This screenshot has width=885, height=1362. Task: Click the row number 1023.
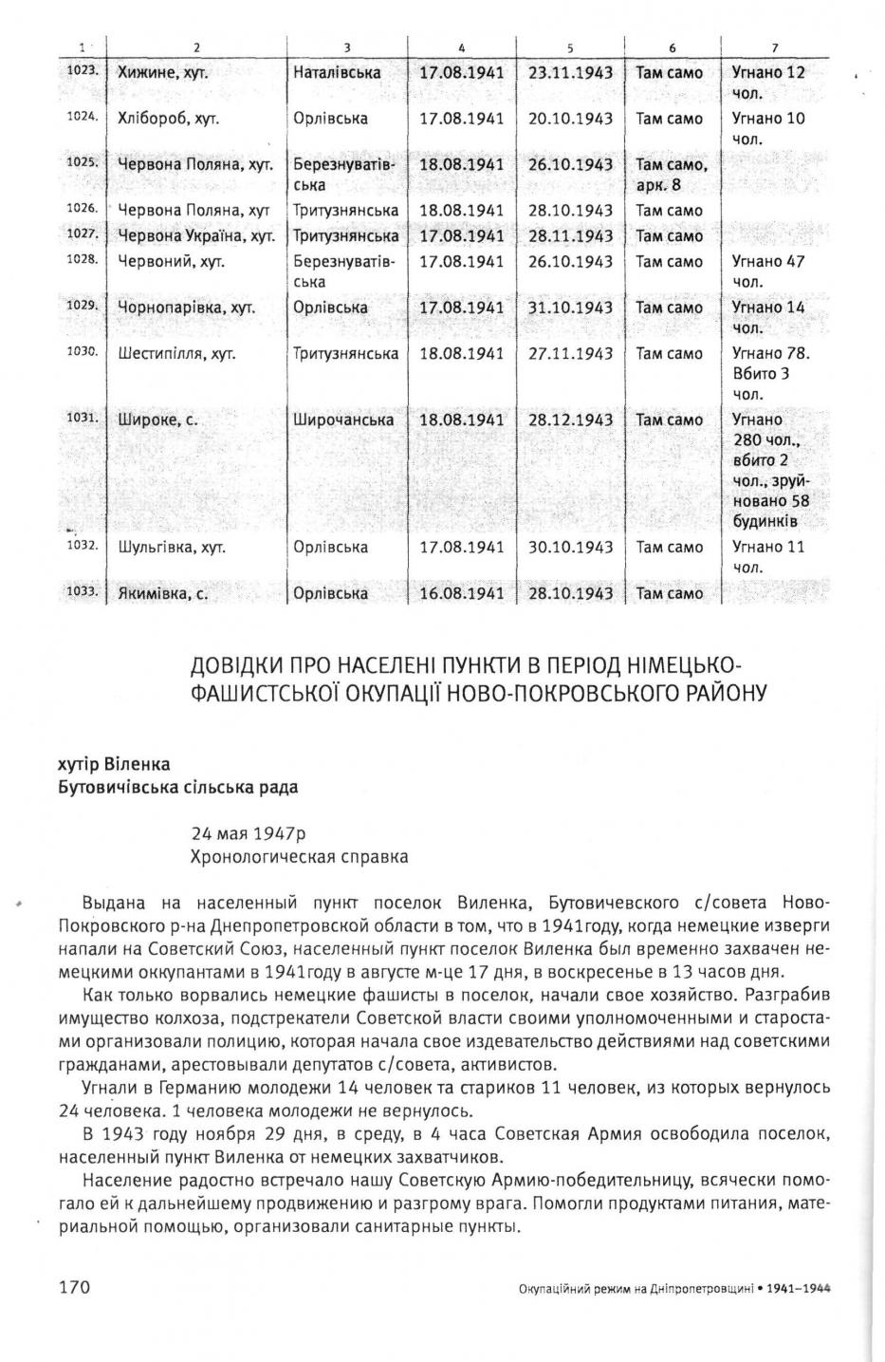click(83, 71)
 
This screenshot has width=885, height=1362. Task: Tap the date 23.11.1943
click(570, 73)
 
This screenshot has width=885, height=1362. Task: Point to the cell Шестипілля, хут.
click(176, 354)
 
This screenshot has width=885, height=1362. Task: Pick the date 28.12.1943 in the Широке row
click(570, 420)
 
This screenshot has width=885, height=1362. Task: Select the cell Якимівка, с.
click(162, 594)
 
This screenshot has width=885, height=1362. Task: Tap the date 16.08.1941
click(462, 594)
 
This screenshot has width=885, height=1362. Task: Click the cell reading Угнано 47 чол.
click(768, 271)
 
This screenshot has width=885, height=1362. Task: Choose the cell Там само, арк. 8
click(672, 175)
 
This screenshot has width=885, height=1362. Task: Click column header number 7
click(775, 47)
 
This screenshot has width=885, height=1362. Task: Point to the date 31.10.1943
click(570, 308)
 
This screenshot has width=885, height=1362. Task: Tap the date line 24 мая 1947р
click(249, 833)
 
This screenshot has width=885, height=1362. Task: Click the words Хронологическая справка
click(300, 857)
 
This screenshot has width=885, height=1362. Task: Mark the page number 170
click(74, 1287)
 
